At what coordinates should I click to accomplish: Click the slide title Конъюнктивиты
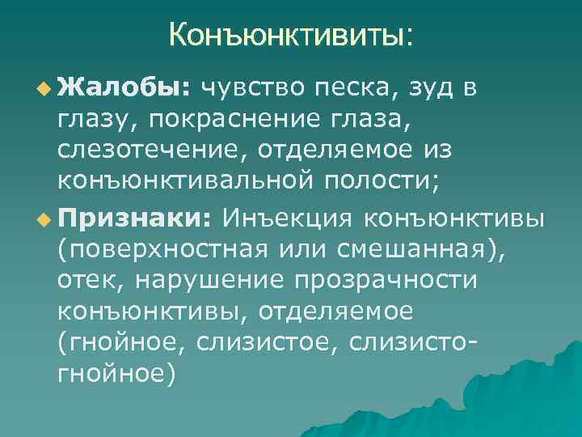point(290,35)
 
